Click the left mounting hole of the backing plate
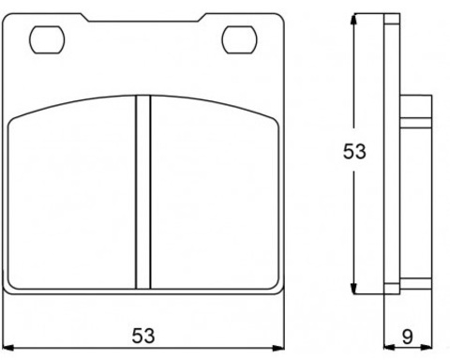44,39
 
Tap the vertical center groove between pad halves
142,192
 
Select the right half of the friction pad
214,197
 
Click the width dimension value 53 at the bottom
143,335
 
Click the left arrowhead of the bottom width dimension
9,346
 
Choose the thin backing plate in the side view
391,155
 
